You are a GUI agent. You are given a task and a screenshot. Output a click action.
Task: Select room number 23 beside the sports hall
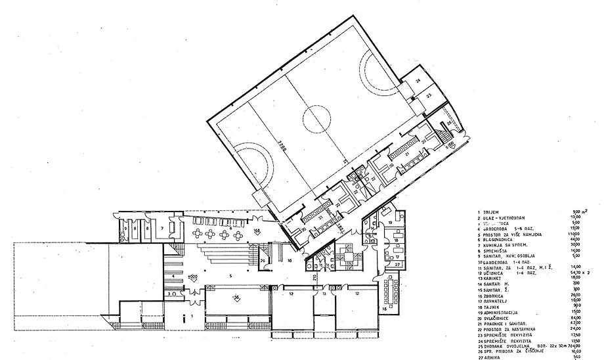point(430,96)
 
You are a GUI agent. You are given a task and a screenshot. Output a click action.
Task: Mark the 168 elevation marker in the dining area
point(257,231)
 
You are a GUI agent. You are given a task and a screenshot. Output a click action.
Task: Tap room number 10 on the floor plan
point(289,259)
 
